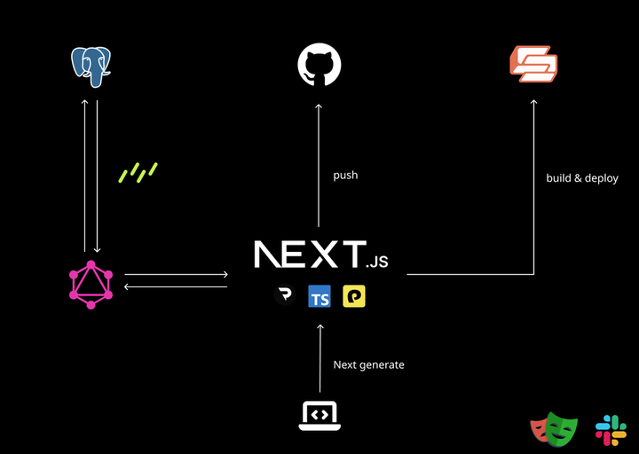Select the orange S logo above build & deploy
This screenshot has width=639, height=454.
(533, 64)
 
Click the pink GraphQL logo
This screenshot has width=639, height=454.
(91, 285)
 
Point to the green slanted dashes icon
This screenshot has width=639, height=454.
(138, 172)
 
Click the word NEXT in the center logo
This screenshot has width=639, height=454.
(310, 254)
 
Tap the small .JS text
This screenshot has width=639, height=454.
(377, 262)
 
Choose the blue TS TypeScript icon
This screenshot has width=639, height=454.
(319, 297)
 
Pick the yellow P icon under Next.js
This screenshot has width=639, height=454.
(354, 297)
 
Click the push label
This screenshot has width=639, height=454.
(345, 176)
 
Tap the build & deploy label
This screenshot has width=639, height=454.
(582, 178)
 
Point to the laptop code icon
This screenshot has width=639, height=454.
(319, 415)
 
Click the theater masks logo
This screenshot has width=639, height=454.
(553, 429)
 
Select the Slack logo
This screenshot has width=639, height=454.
(611, 430)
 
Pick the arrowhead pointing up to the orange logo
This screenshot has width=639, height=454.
(533, 103)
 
